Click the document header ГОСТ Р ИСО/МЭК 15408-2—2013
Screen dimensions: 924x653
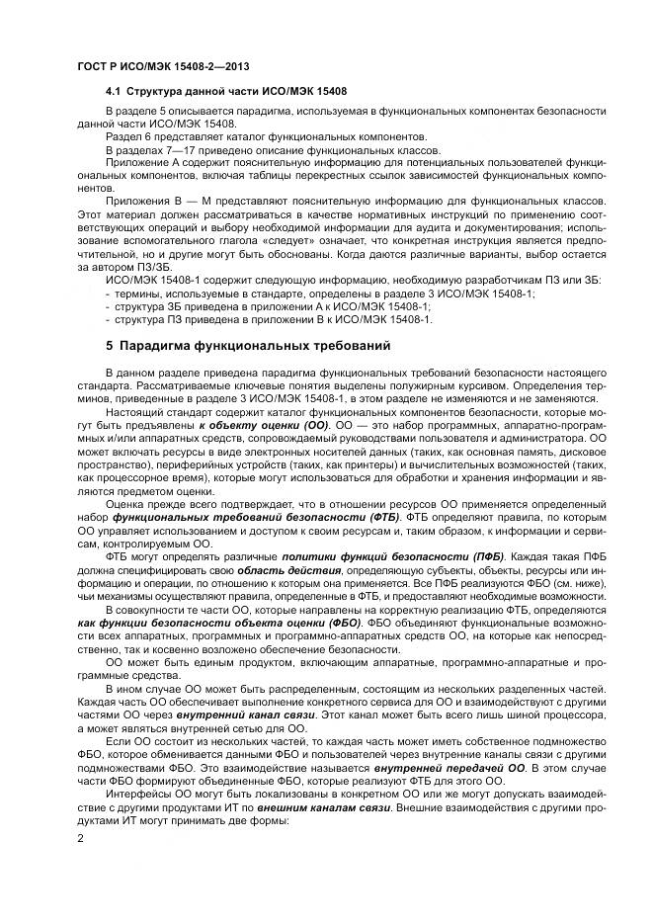148,66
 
